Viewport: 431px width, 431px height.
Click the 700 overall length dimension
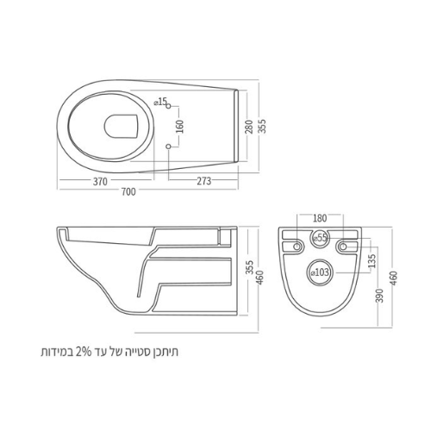click(128, 191)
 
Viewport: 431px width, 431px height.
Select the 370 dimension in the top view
click(100, 182)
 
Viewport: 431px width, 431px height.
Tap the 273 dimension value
click(204, 181)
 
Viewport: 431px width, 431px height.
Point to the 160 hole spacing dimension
click(180, 127)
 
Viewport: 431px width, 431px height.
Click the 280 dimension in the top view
click(249, 127)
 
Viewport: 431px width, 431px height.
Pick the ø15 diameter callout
click(160, 102)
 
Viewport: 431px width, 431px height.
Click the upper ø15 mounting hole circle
click(169, 106)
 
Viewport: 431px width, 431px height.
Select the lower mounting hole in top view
click(169, 147)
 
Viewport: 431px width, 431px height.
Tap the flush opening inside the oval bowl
click(122, 127)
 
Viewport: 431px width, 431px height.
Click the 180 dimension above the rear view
click(320, 218)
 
